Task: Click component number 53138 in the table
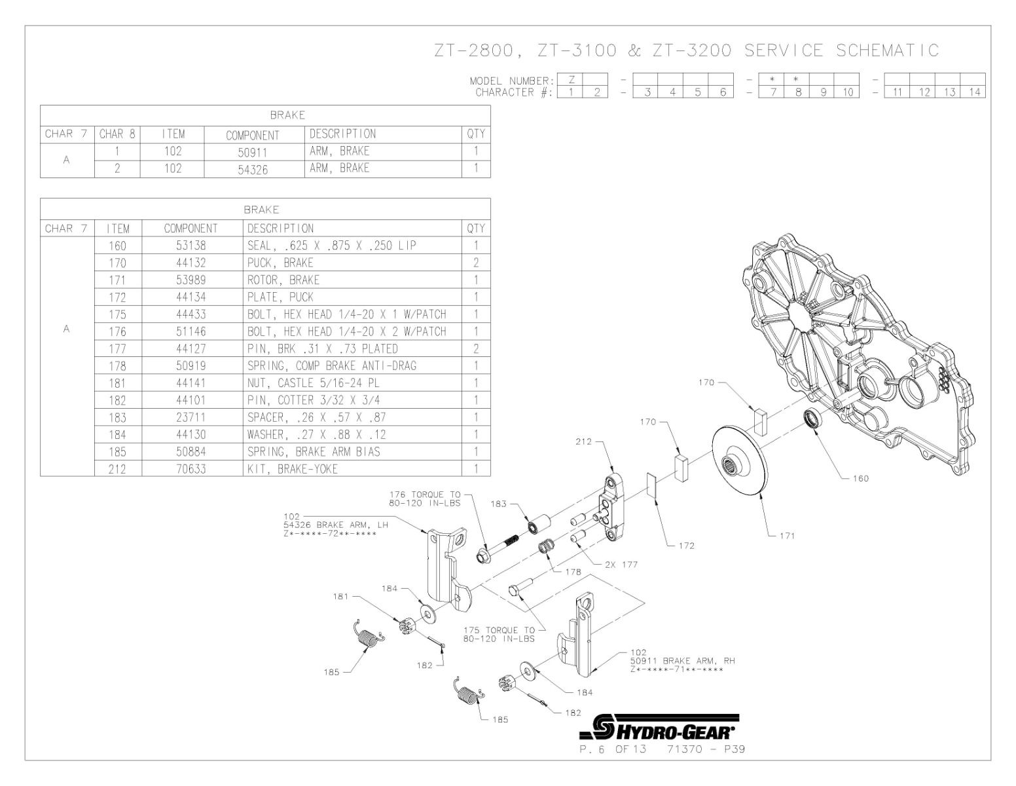click(x=190, y=246)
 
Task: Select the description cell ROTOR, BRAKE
click(x=283, y=280)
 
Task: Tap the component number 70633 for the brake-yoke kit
click(x=190, y=468)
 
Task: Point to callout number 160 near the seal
click(x=860, y=478)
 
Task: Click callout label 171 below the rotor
click(x=786, y=536)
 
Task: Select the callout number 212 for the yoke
click(x=583, y=441)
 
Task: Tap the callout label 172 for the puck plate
click(x=686, y=546)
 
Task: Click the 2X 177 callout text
click(x=621, y=564)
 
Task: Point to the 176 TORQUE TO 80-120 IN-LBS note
click(x=425, y=498)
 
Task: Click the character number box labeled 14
click(x=974, y=92)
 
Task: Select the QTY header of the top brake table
click(x=476, y=134)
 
